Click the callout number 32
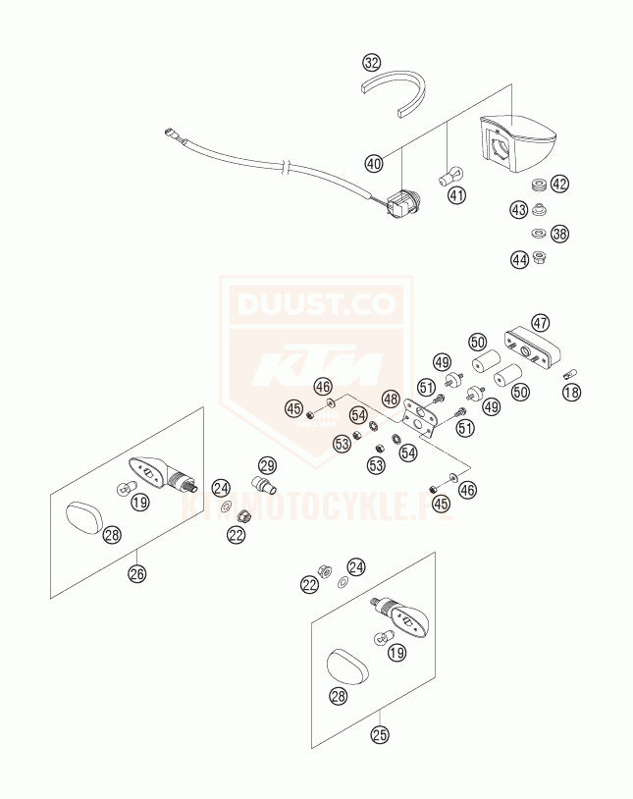coord(370,64)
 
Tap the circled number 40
coord(373,164)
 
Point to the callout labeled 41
coord(456,195)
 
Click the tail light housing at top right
coord(517,145)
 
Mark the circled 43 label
coord(518,209)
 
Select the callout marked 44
coord(518,260)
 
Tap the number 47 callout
coord(540,322)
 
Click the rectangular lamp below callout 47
coord(531,349)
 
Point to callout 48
coord(390,399)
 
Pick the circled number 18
coord(572,393)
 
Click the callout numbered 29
coord(267,464)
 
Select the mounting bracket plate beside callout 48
coord(423,420)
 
